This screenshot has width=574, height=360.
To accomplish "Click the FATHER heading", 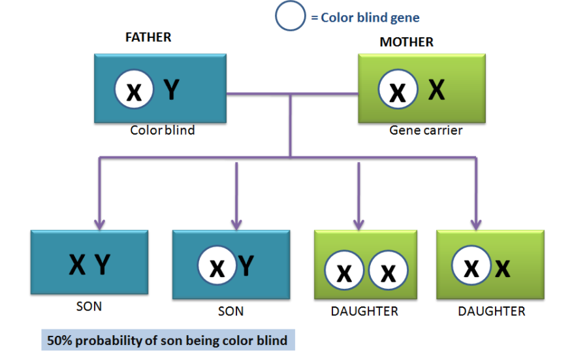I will point(148,37).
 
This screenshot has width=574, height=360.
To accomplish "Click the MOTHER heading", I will point(406,42).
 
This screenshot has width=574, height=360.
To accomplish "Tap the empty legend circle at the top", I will point(291,16).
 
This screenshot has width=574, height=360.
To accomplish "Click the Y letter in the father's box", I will point(171,90).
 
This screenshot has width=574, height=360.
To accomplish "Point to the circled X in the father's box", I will point(134,91).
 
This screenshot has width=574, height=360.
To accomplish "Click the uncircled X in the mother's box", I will point(436,90).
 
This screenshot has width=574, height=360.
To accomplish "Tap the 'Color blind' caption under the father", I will point(162,130).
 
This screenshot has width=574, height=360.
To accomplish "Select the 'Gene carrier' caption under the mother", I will point(426,130).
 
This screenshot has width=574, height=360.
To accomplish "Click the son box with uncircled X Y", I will point(89,263).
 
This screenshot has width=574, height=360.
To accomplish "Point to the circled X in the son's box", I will point(217,267).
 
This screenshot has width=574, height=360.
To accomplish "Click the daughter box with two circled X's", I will point(365,264).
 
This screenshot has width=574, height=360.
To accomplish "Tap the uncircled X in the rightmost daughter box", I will point(503,267).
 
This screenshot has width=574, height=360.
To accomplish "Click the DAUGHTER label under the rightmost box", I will point(491,311).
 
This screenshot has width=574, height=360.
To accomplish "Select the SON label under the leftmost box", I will point(89,306).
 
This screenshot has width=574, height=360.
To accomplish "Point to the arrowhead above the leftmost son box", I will point(99,223).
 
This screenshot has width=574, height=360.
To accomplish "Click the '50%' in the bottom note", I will point(59,340).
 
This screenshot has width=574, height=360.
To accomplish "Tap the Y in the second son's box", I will point(246,266).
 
